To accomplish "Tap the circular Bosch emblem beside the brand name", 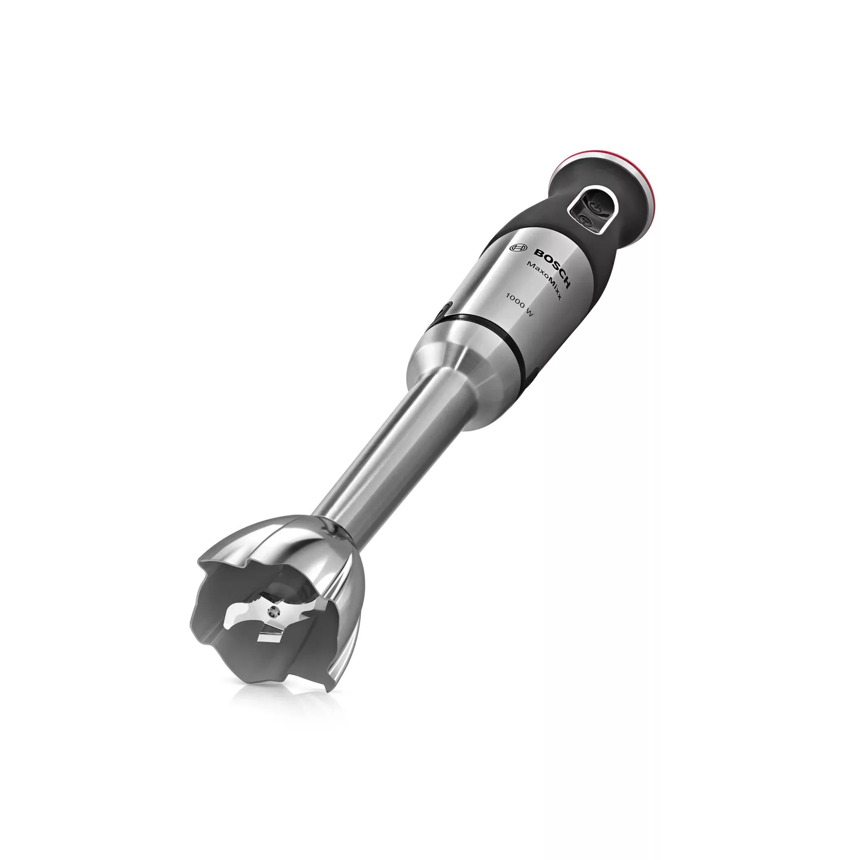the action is point(519,249).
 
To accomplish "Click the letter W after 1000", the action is point(529,313).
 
